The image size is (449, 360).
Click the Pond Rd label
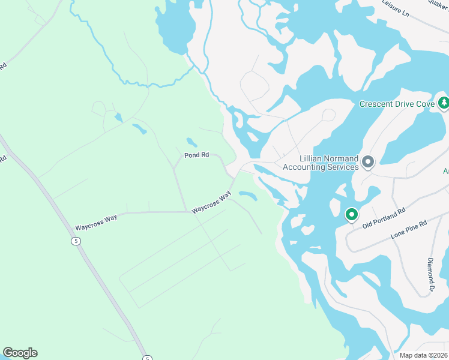tap(196, 155)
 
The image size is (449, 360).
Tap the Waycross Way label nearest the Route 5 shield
tap(95, 227)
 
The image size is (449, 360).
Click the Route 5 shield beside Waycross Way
tap(75, 241)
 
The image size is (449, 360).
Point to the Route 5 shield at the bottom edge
tap(147, 358)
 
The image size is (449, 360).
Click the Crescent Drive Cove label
tap(397, 104)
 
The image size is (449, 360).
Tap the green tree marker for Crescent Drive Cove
tap(444, 103)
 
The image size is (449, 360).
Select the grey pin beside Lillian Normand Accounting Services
tap(368, 162)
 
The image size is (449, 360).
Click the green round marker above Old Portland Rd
tap(351, 214)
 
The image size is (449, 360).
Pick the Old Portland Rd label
tap(384, 217)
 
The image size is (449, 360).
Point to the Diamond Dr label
tap(431, 275)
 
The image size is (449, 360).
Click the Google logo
tap(20, 353)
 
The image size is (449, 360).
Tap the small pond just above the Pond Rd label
tap(191, 142)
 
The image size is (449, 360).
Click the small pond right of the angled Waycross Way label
tap(248, 195)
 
